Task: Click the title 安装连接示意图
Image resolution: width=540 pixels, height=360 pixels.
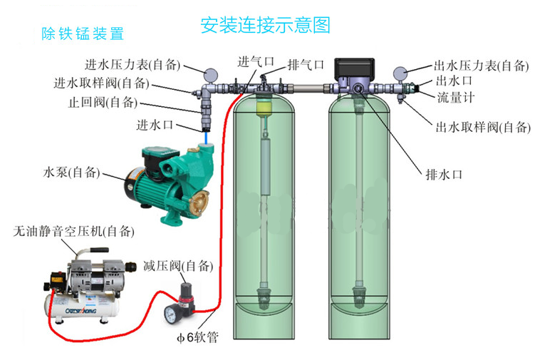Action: point(266,26)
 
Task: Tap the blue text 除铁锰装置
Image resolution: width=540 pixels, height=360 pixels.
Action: point(83,33)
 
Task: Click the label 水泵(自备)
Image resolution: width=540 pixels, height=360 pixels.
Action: point(72,173)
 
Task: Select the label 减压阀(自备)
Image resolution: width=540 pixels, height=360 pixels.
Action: point(178,267)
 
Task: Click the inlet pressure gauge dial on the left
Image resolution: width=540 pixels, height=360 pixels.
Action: point(209,73)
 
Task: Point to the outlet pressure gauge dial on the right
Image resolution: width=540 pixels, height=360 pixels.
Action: point(400,73)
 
